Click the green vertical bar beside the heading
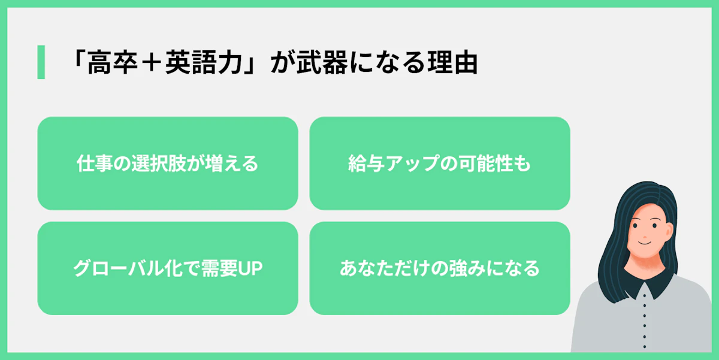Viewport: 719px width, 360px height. click(41, 62)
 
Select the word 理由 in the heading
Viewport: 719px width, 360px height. click(458, 63)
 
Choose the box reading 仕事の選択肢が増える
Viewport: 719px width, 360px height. click(168, 164)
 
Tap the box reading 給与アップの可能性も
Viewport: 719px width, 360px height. click(439, 164)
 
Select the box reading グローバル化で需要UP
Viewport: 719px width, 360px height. click(168, 268)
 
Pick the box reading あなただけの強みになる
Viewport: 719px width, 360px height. click(439, 268)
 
